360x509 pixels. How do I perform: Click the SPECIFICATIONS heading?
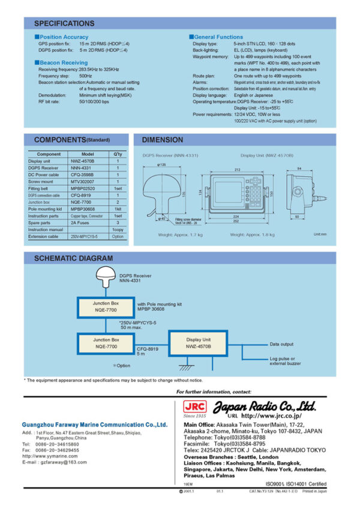pos(64,23)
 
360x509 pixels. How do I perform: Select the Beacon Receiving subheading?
pos(63,62)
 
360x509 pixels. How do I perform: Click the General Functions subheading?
pos(218,37)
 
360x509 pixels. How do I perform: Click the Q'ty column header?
pos(118,154)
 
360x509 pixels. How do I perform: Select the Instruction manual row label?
pos(46,230)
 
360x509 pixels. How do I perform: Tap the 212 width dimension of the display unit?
pos(238,170)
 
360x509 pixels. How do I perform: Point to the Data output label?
pos(282,344)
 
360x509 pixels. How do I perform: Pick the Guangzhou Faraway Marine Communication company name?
pos(94,424)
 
